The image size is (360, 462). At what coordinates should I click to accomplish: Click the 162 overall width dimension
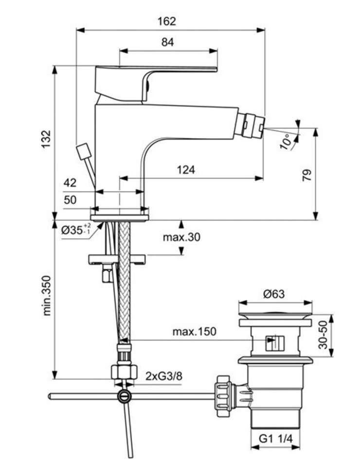(x=167, y=21)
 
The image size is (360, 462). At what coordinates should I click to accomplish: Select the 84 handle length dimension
(x=167, y=42)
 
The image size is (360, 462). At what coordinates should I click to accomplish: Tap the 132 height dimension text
(x=45, y=140)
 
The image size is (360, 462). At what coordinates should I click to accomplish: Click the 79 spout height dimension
(x=306, y=175)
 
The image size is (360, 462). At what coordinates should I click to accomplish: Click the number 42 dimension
(x=70, y=183)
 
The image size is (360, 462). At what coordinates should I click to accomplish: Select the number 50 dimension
(x=70, y=200)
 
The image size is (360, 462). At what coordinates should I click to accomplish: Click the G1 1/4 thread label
(x=275, y=439)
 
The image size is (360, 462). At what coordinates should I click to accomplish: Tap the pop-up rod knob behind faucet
(x=84, y=150)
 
